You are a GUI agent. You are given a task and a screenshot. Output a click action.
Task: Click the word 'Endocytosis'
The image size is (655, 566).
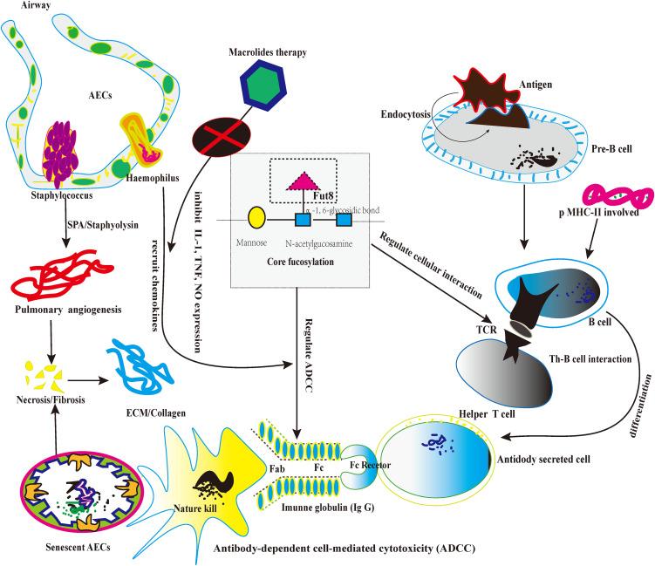coord(410,115)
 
